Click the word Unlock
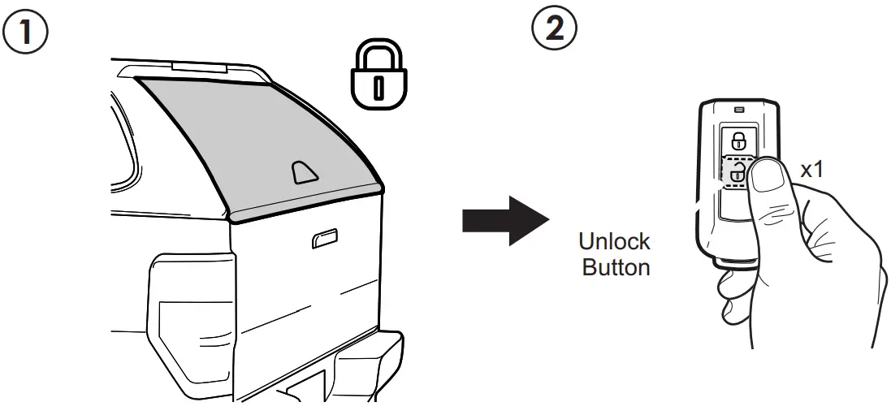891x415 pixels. pyautogui.click(x=614, y=241)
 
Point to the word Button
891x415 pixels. pyautogui.click(x=616, y=268)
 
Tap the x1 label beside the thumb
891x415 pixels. pyautogui.click(x=812, y=171)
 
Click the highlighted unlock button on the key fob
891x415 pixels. pyautogui.click(x=735, y=171)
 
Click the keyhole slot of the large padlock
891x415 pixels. pyautogui.click(x=378, y=87)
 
